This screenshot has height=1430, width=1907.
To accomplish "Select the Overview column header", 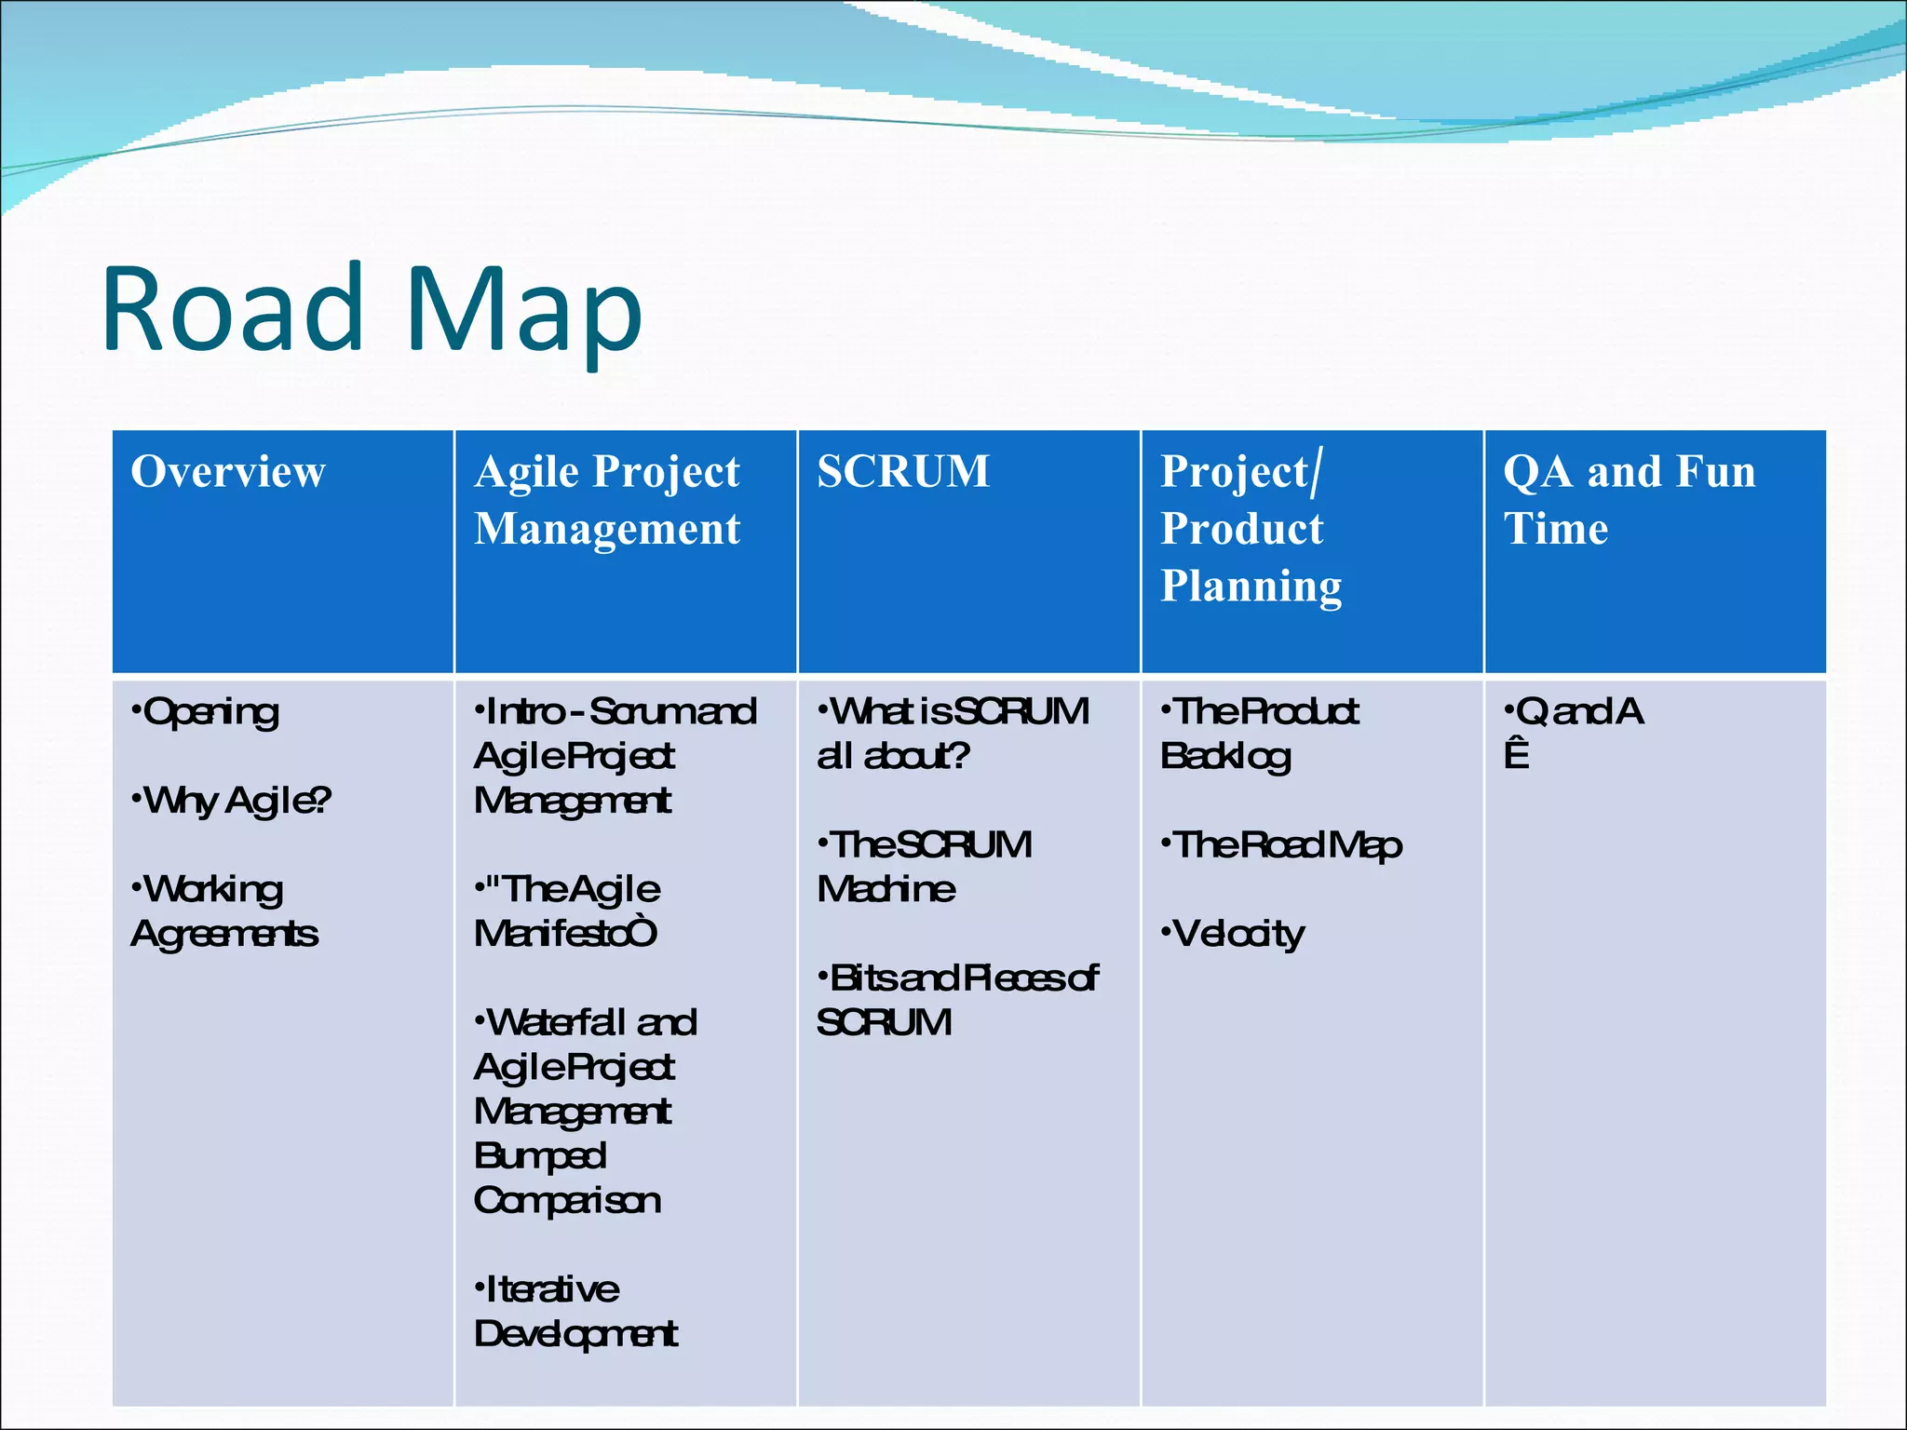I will click(228, 471).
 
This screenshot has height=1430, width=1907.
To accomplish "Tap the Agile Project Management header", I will click(607, 500).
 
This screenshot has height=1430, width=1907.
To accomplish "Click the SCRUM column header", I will click(902, 471).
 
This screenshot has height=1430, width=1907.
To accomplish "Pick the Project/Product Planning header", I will click(1250, 528).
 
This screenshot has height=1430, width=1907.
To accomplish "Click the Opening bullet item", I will click(207, 712).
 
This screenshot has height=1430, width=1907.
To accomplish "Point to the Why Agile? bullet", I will click(233, 801).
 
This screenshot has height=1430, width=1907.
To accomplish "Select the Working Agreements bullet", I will click(223, 911).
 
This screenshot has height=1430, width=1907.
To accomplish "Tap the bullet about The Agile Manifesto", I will click(568, 911).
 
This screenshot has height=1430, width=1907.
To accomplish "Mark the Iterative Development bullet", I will click(575, 1312).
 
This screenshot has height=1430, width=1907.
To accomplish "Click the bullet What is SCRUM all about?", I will click(952, 734).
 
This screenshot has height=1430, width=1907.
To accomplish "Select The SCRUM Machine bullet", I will click(924, 867).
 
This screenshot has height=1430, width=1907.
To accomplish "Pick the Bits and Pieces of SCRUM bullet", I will click(957, 1000).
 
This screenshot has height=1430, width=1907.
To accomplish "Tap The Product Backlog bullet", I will click(1259, 734).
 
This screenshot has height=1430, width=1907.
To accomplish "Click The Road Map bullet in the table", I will click(1282, 845).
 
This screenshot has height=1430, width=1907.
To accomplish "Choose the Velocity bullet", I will click(1235, 934).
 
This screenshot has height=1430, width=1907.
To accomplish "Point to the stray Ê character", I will click(1516, 754).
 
